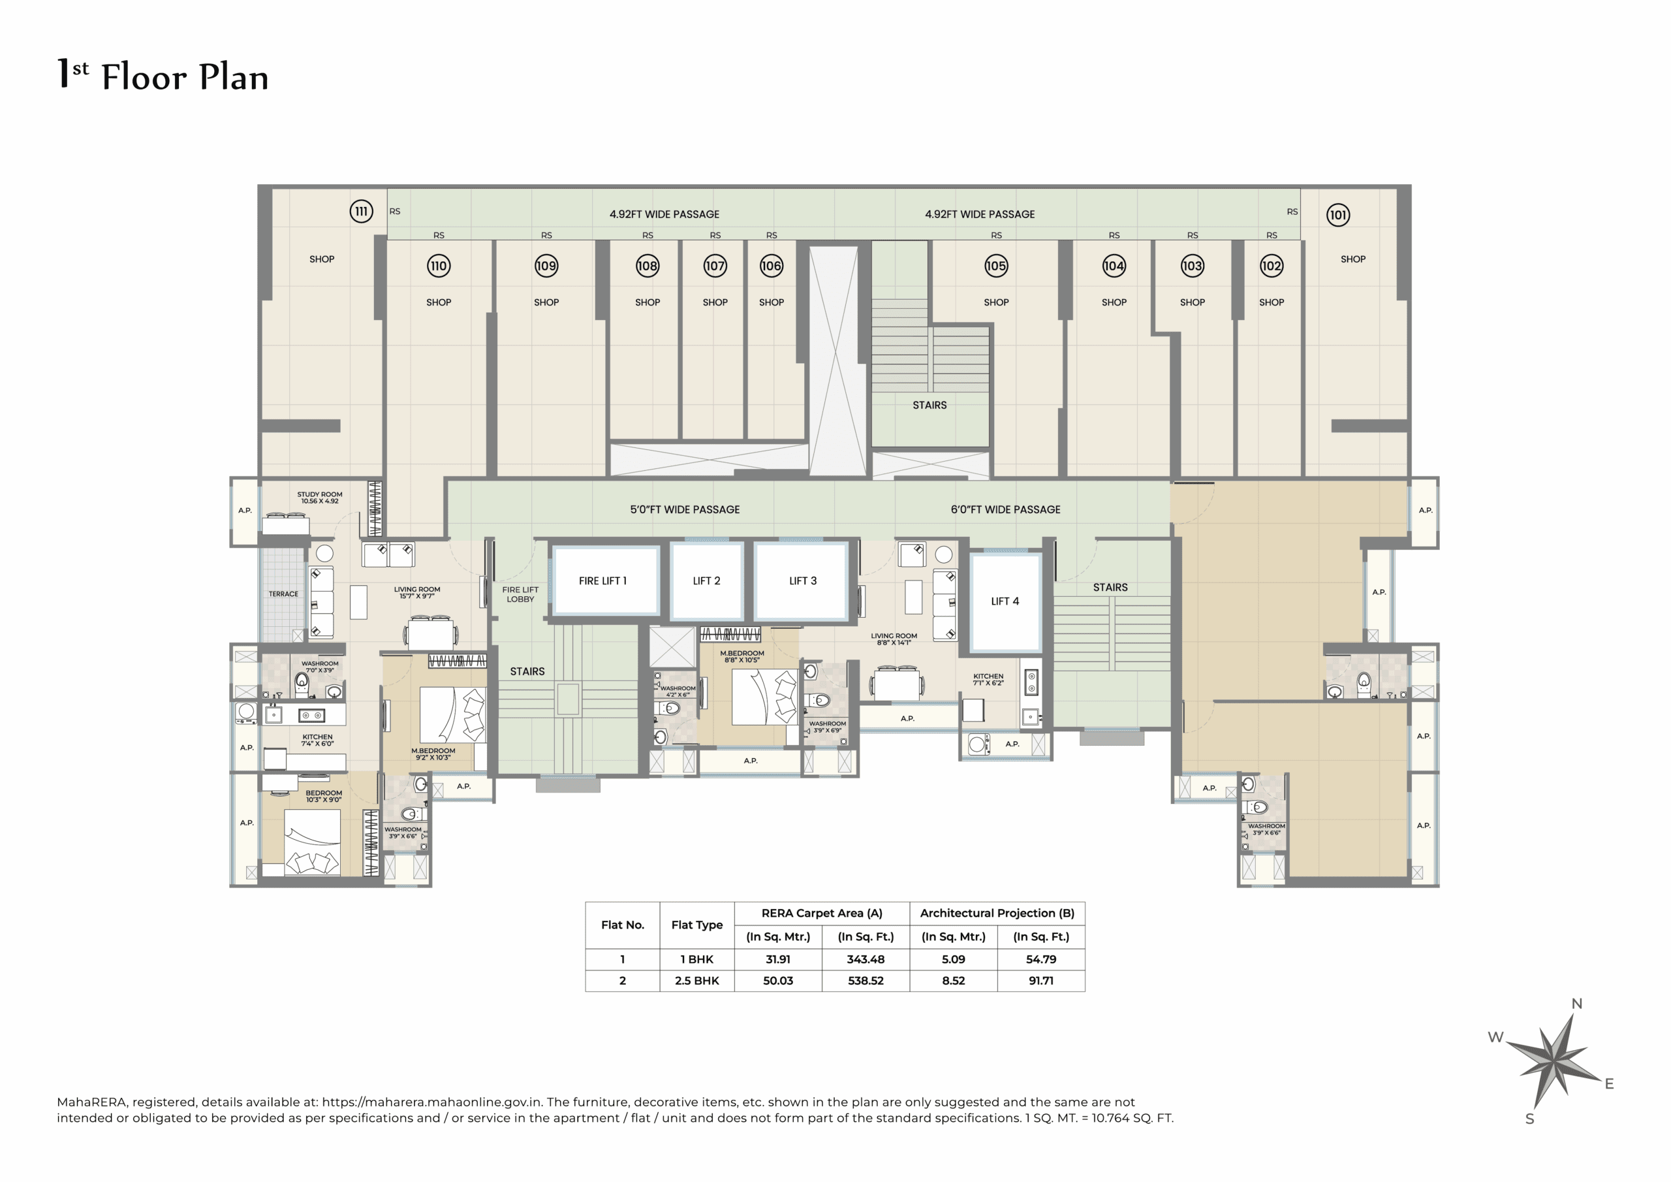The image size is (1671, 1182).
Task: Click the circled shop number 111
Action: click(361, 211)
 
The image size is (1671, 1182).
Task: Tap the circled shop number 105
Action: click(995, 266)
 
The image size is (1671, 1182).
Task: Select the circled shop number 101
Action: click(1337, 215)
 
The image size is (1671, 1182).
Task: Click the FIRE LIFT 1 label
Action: click(602, 581)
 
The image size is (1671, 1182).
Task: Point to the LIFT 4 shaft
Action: click(1005, 601)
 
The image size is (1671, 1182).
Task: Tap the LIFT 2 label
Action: click(706, 581)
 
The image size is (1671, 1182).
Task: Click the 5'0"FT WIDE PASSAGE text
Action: click(684, 510)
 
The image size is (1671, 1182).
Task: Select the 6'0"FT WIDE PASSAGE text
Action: click(1005, 510)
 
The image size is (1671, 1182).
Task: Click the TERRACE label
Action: click(283, 594)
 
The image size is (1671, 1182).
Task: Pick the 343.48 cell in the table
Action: click(866, 959)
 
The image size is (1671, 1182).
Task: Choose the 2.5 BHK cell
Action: click(696, 981)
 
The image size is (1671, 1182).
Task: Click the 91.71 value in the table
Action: click(1040, 981)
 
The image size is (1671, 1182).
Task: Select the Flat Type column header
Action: click(696, 925)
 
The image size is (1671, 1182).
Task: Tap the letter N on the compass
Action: click(1576, 1004)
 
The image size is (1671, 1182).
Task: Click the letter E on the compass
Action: click(1609, 1083)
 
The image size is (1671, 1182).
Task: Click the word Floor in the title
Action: click(144, 77)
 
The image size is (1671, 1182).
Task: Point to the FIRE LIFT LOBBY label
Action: click(520, 594)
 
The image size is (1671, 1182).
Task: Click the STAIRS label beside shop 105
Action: click(929, 405)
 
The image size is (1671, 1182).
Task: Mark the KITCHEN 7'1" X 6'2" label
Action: click(988, 679)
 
